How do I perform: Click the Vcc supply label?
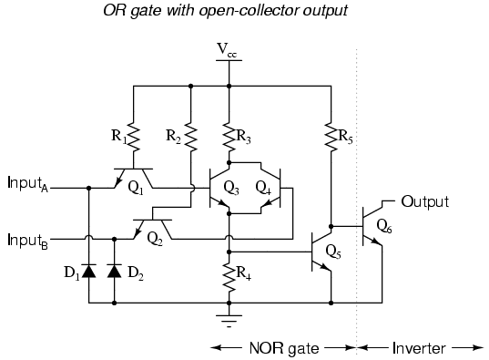pos(227,50)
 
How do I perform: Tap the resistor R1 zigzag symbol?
pos(133,137)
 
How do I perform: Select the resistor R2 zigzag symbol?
pos(191,137)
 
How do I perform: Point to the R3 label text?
pos(243,137)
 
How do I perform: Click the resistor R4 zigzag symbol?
pos(229,278)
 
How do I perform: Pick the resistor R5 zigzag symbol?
pos(331,137)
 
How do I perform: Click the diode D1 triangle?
pos(89,271)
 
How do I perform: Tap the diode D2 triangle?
pos(114,271)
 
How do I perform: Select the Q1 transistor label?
pos(136,188)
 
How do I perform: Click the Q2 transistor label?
pos(155,239)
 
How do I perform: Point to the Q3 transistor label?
pos(231,188)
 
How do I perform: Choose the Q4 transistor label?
pos(263,188)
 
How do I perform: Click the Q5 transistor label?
pos(333,252)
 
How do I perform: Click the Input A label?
pos(27,184)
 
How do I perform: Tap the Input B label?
pos(27,242)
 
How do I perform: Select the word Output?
pos(425,201)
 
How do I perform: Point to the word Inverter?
pos(419,348)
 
